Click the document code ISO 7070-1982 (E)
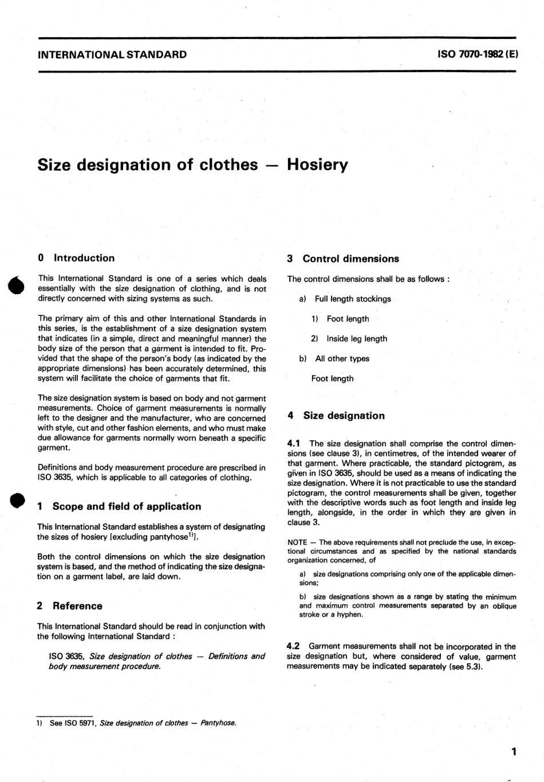(x=478, y=55)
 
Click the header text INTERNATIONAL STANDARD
(x=112, y=55)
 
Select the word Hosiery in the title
(x=317, y=165)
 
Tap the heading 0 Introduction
(x=76, y=258)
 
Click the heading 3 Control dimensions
(x=343, y=259)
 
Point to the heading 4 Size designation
(x=336, y=416)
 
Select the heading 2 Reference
(x=70, y=606)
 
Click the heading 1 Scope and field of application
(x=119, y=506)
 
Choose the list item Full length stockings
(x=353, y=299)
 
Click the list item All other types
(x=342, y=359)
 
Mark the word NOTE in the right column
(x=297, y=542)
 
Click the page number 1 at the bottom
(x=514, y=751)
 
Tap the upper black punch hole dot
(x=17, y=286)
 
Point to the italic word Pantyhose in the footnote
(x=219, y=723)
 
